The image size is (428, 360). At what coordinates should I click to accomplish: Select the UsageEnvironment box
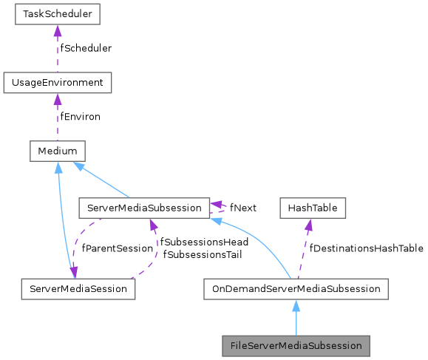pyautogui.click(x=57, y=82)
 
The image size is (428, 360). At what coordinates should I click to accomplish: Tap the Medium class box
pyautogui.click(x=57, y=152)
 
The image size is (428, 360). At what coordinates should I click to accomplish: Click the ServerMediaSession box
pyautogui.click(x=78, y=288)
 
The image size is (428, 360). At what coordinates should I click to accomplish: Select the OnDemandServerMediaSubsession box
pyautogui.click(x=296, y=288)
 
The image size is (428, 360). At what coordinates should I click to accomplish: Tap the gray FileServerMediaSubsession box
pyautogui.click(x=296, y=345)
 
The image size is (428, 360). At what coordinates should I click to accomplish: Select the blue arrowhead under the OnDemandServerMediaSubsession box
pyautogui.click(x=296, y=305)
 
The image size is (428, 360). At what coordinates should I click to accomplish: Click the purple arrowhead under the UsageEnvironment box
pyautogui.click(x=57, y=99)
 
